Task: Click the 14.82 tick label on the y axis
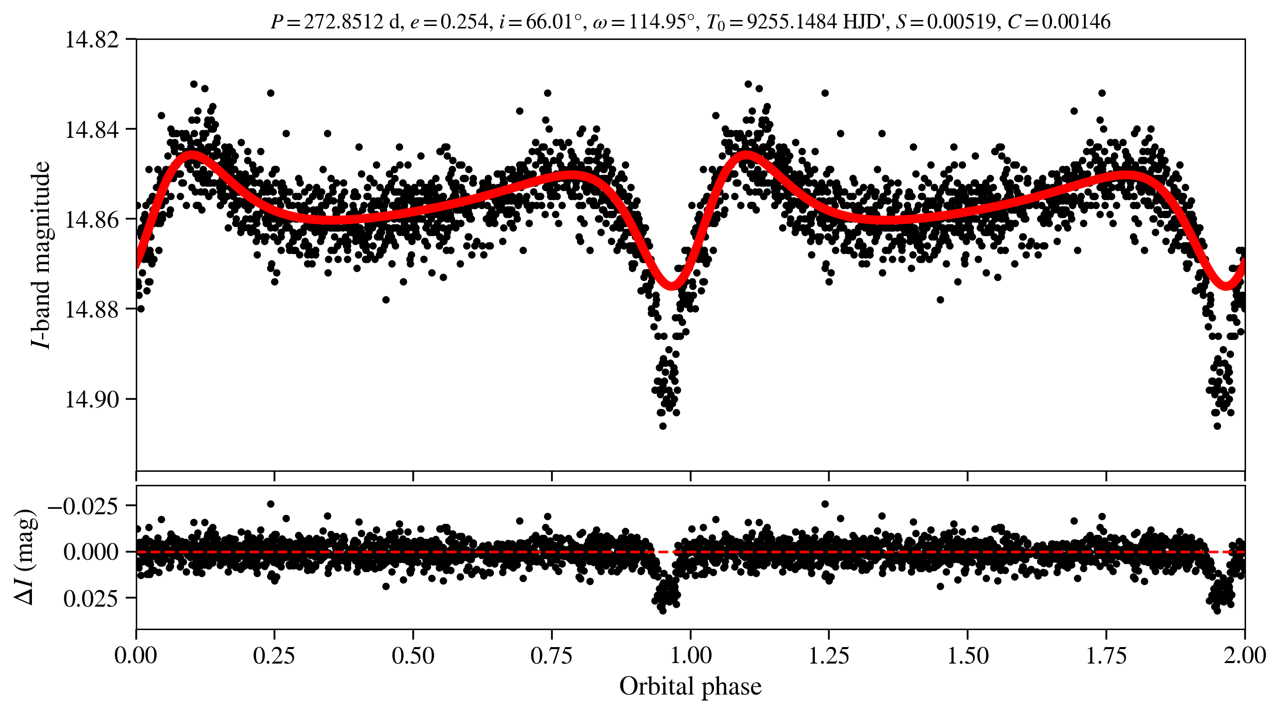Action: (92, 40)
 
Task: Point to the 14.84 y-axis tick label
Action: (92, 130)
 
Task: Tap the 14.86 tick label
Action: (92, 220)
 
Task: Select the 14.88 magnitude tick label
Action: (92, 310)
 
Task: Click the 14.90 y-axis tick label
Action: (92, 399)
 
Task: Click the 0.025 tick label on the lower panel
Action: (91, 598)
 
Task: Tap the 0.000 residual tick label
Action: (91, 552)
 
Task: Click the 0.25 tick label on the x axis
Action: (274, 656)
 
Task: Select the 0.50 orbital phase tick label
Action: (413, 656)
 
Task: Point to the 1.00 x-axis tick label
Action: (690, 656)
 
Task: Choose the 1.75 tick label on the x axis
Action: (1106, 656)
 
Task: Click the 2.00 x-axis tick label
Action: (1245, 656)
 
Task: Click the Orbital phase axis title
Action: (690, 687)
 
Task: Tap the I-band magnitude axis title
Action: (41, 255)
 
